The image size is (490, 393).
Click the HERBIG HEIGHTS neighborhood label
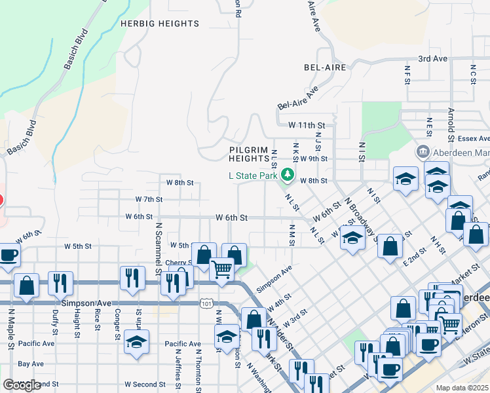click(160, 24)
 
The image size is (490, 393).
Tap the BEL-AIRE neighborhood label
click(325, 67)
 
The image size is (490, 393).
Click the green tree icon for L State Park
click(287, 175)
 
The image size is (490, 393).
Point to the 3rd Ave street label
click(432, 58)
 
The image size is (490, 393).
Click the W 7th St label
click(149, 199)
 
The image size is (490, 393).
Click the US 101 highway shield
click(207, 303)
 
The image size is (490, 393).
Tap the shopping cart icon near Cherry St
click(221, 267)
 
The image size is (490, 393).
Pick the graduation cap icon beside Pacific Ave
click(136, 341)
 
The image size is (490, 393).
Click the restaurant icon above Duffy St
click(60, 282)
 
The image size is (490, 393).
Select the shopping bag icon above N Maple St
click(26, 285)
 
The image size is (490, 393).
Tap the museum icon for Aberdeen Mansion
click(423, 152)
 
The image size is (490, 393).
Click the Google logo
click(22, 385)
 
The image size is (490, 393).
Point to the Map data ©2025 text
click(462, 388)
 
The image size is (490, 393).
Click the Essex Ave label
click(474, 139)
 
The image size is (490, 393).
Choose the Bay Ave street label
click(31, 364)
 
